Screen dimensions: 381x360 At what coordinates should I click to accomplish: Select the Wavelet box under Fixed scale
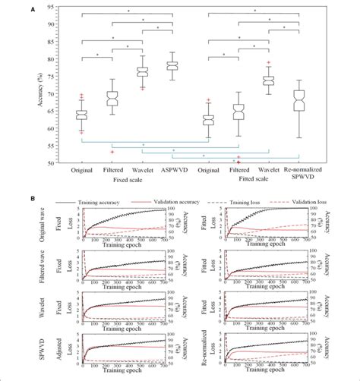coord(142,71)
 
